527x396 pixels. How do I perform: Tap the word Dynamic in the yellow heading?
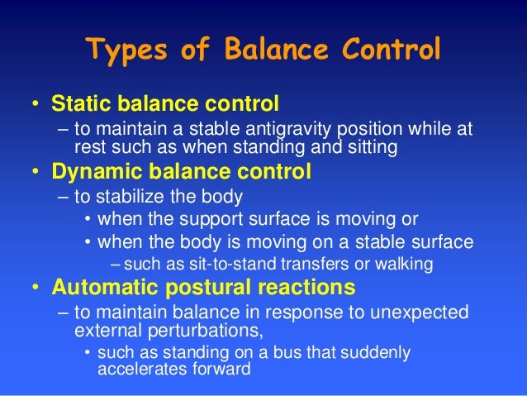click(89, 174)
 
